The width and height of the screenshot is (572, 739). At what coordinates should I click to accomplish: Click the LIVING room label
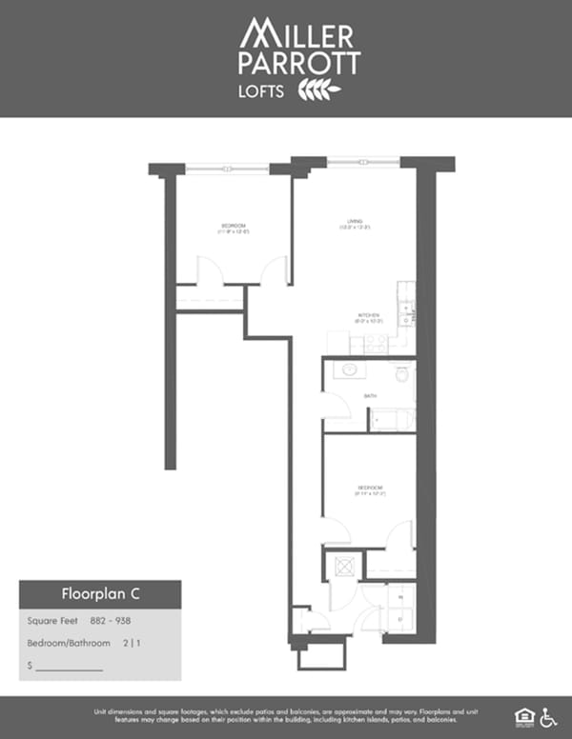point(355,225)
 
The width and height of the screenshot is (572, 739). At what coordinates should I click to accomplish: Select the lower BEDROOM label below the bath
point(368,489)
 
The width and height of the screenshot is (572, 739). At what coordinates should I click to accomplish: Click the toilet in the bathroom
point(401,374)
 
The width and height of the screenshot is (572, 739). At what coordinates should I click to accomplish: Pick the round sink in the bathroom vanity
point(350,369)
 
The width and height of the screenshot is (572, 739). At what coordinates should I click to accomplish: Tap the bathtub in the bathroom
point(392,420)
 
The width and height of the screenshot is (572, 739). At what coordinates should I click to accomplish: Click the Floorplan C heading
point(101,594)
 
